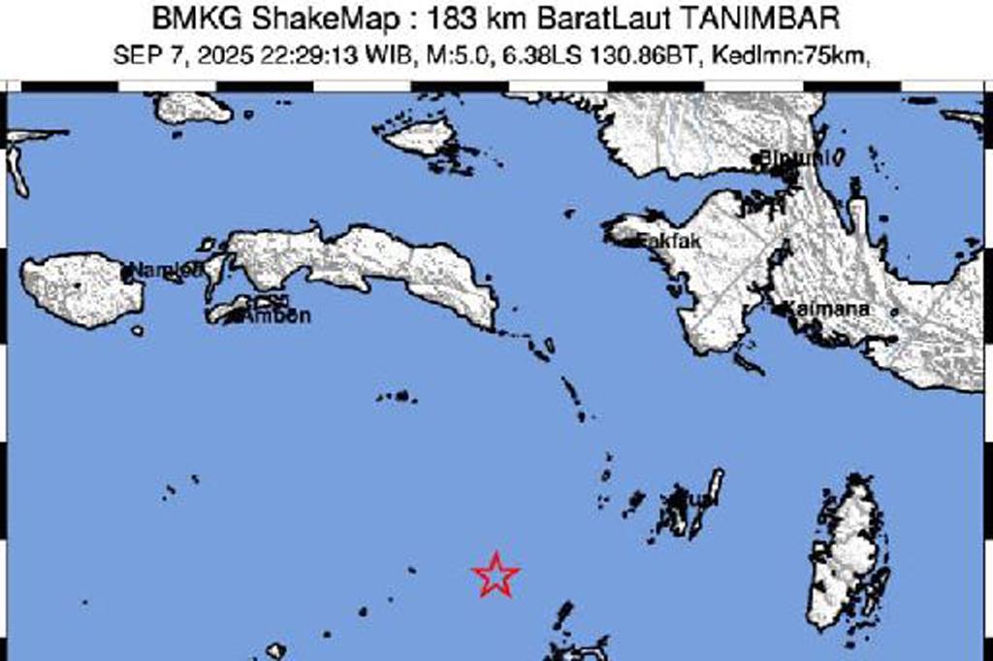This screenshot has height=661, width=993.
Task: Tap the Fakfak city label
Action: [667, 242]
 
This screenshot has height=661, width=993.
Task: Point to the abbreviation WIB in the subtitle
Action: [393, 55]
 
